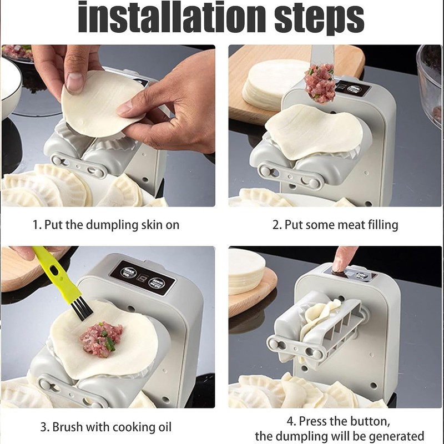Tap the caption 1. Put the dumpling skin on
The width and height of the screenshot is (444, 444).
[x=105, y=225]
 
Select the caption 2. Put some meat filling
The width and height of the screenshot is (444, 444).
[x=335, y=225]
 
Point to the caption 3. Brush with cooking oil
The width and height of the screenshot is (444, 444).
[x=105, y=427]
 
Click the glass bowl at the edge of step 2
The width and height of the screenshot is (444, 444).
[x=430, y=83]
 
